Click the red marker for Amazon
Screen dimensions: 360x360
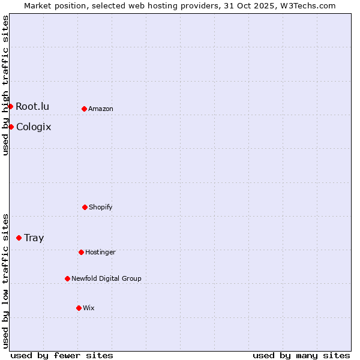pos(84,109)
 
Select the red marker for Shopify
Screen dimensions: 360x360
pos(85,207)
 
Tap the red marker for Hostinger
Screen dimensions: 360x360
pos(81,252)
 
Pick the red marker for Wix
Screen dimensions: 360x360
pos(79,308)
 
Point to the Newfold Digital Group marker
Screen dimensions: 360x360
pos(67,278)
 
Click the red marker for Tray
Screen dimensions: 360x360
pos(19,238)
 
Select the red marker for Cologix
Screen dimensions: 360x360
pos(11,127)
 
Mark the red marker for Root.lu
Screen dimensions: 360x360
pos(10,106)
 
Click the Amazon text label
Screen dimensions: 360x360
pos(101,109)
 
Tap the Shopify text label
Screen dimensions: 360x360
pos(101,207)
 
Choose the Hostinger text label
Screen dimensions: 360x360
pos(100,252)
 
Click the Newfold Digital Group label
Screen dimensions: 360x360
pos(106,278)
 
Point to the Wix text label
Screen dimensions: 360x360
pos(89,308)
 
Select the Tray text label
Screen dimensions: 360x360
pos(34,238)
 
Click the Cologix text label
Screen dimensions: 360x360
pos(34,127)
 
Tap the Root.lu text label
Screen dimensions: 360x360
pos(32,106)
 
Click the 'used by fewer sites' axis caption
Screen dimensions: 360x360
pos(62,355)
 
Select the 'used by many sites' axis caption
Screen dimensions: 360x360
pos(301,355)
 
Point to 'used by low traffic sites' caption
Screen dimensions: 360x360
pos(5,281)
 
